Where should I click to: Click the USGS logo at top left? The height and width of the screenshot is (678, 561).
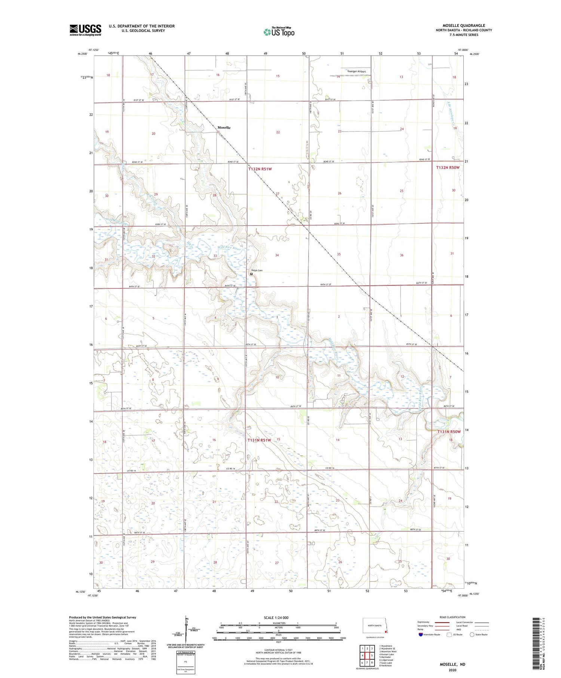tap(85, 30)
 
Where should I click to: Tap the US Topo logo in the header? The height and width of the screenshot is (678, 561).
tap(279, 32)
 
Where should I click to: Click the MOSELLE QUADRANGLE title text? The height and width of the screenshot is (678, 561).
tap(464, 25)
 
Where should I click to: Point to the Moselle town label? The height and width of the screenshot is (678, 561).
tap(224, 128)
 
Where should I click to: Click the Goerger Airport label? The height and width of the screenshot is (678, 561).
tap(356, 71)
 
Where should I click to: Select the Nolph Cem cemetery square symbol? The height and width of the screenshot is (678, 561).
tap(251, 274)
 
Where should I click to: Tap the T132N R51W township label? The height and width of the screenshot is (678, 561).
tap(260, 169)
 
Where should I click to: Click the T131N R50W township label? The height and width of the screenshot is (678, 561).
tap(449, 432)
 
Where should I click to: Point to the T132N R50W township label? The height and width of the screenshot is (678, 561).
tap(448, 168)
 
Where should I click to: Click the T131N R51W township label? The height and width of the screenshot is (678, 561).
tap(259, 440)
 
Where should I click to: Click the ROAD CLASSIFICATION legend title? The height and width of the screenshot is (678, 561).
tap(453, 617)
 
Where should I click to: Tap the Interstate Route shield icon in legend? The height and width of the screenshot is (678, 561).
tap(421, 634)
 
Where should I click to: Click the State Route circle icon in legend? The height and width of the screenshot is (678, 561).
tap(472, 634)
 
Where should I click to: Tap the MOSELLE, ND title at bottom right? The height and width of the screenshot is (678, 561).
tap(452, 664)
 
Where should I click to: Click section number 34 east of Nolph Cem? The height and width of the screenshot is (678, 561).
tap(277, 255)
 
